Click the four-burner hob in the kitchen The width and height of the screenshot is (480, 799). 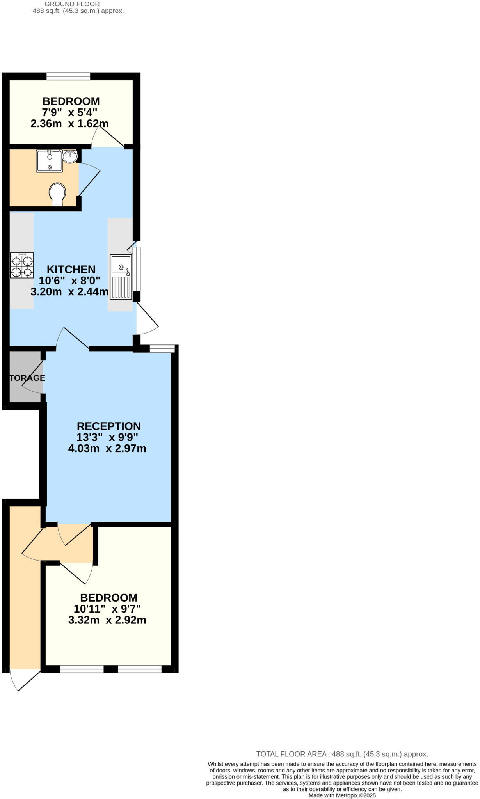point(22,265)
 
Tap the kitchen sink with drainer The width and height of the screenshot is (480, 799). point(121,277)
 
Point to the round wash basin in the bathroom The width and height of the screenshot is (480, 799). point(70,157)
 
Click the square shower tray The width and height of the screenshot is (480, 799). point(49,161)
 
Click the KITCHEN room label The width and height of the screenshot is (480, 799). point(71,270)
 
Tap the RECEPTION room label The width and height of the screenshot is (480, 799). point(108,426)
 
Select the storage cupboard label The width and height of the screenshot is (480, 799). point(27,378)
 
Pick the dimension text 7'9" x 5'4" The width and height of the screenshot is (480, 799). point(69,113)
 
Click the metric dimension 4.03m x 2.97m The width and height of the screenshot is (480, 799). point(107,449)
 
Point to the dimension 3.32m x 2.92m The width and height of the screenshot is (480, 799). point(107,620)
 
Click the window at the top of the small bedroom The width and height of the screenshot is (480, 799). point(68,76)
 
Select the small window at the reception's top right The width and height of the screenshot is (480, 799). point(162,348)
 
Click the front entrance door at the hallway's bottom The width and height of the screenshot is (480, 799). point(24,681)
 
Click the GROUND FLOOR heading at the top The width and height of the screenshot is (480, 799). point(72,4)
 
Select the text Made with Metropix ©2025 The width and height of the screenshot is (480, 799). point(342,795)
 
